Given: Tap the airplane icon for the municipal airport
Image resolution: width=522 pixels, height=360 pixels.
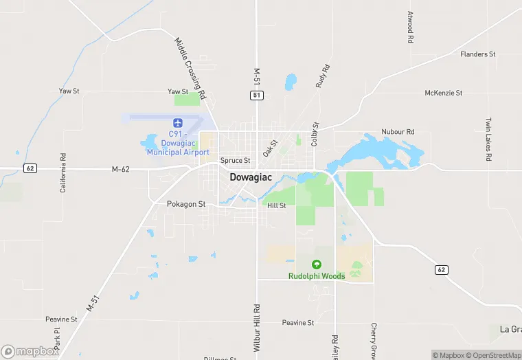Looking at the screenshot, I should tap(178, 122).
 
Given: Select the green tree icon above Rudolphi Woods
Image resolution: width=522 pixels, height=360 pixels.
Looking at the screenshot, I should tap(317, 265).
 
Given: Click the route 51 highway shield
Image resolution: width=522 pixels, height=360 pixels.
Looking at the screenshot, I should tap(256, 95).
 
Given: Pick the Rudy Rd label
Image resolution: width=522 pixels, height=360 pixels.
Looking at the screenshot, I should tap(323, 76).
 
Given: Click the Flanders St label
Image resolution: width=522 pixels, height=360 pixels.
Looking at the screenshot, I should tap(478, 54).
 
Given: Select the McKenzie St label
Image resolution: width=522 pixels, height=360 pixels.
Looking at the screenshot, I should tap(444, 93).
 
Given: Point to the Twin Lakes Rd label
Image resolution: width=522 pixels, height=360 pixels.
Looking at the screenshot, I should tap(488, 139).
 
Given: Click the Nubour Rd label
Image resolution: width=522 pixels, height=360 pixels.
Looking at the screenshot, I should tap(398, 131).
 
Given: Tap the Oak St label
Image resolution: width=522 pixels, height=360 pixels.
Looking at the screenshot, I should tap(269, 148).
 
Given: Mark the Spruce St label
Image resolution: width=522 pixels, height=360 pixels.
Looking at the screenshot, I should tap(235, 160).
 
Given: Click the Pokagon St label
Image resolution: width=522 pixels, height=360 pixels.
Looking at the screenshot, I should tap(186, 204).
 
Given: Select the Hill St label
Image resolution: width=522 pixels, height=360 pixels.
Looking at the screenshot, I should tap(276, 205).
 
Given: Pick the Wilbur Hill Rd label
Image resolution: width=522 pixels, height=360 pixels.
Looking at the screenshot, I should tap(256, 328).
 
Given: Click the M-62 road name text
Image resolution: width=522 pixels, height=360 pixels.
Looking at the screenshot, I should tap(120, 169).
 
